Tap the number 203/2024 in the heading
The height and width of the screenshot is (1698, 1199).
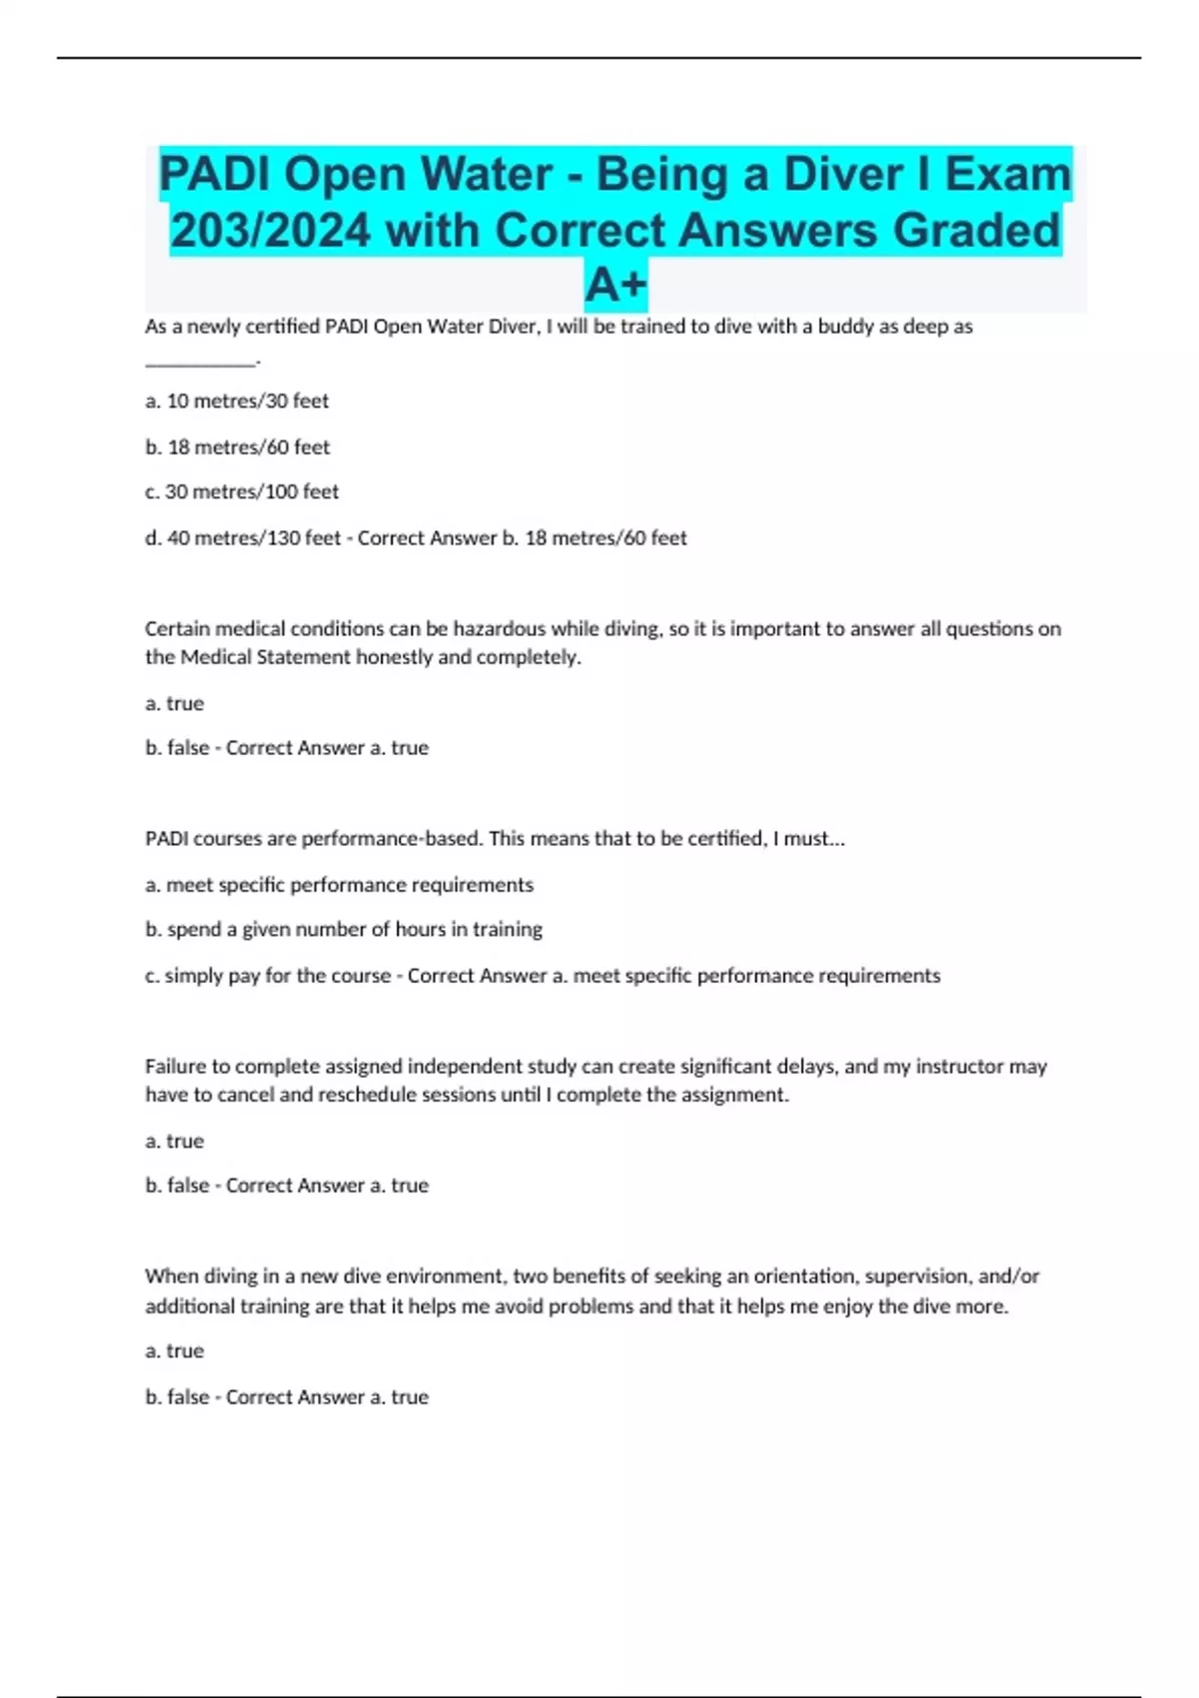pyautogui.click(x=271, y=231)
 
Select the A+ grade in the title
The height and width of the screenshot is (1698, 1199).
pyautogui.click(x=615, y=285)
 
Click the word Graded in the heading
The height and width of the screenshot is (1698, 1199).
pyautogui.click(x=976, y=231)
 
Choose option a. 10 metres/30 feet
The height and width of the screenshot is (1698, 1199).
pyautogui.click(x=237, y=402)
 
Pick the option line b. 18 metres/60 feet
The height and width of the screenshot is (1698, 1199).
pyautogui.click(x=237, y=447)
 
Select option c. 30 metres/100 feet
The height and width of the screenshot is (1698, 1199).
pyautogui.click(x=242, y=492)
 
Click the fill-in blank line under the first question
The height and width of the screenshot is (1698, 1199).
pyautogui.click(x=200, y=362)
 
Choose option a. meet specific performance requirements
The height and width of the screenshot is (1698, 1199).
pyautogui.click(x=339, y=885)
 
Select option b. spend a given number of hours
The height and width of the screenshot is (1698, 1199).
pyautogui.click(x=344, y=930)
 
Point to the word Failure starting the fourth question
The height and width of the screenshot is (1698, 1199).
pyautogui.click(x=173, y=1067)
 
